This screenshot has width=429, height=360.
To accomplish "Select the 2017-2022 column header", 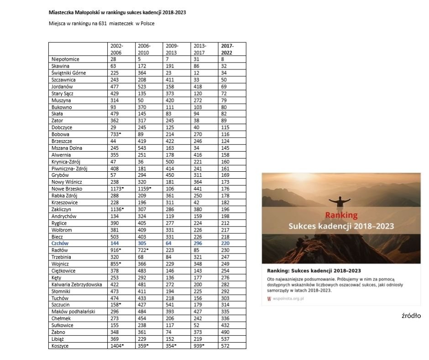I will tap(227, 49).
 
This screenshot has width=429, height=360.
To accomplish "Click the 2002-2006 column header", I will tap(117, 49).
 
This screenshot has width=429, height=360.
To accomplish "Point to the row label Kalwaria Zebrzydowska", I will tap(77, 285).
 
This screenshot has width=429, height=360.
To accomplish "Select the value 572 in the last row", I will tap(226, 346).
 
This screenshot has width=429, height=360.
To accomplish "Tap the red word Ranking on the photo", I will tap(341, 215).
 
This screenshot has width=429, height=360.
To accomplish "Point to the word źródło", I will tap(411, 316).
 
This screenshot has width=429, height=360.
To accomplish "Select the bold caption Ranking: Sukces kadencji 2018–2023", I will tap(314, 271).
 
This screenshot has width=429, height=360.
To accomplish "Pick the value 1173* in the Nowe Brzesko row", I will tap(117, 189).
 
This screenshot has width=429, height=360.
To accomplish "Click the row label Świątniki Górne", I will tap(68, 73).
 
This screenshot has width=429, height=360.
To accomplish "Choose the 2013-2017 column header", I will tap(199, 49).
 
